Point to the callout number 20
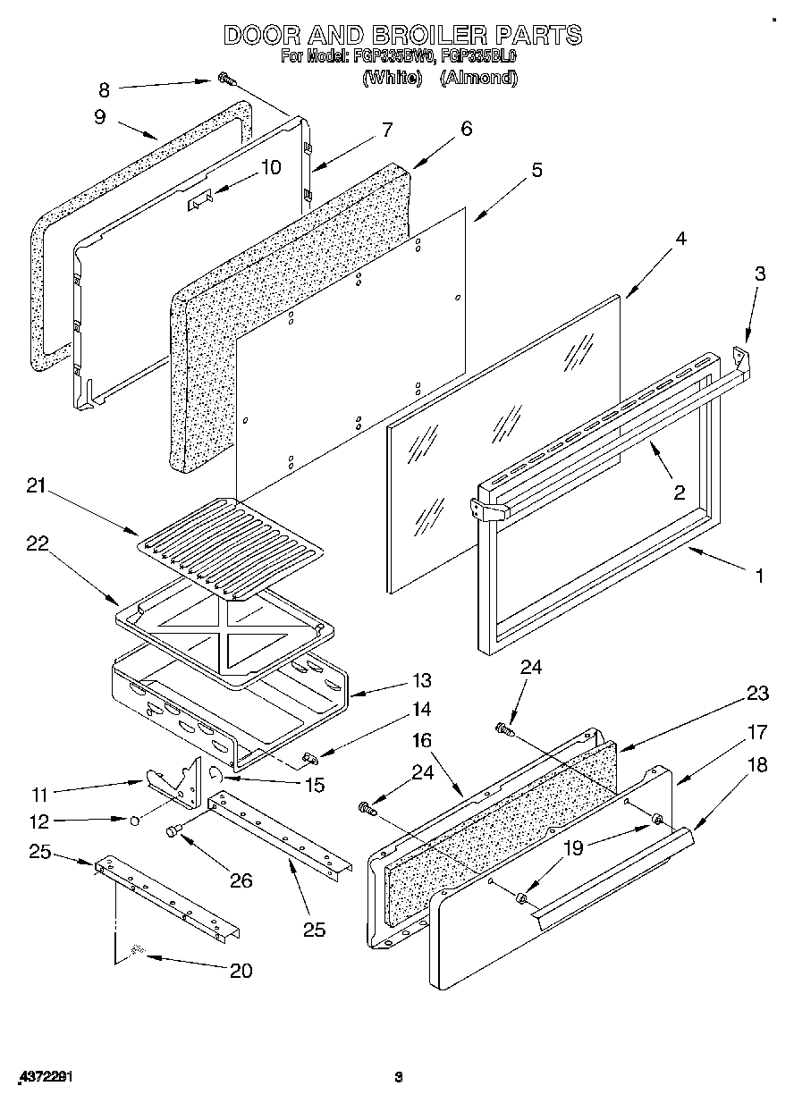point(241,971)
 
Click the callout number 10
point(270,166)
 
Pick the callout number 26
point(241,880)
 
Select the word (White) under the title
point(392,78)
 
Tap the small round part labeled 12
point(134,820)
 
